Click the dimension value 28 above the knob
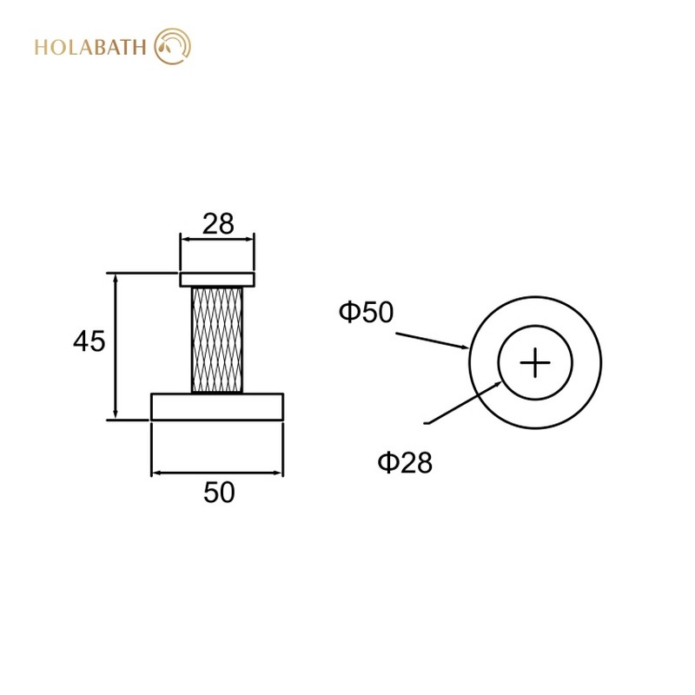[x=218, y=224]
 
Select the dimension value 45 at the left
[x=89, y=341]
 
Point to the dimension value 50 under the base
[x=219, y=493]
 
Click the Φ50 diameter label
[x=366, y=313]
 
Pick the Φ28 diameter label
[x=404, y=463]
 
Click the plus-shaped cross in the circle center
[x=535, y=362]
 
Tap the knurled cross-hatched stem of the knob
[x=217, y=339]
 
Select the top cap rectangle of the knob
[x=217, y=279]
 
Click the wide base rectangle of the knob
[x=217, y=407]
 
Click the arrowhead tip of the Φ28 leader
[x=502, y=381]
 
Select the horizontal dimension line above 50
[x=217, y=473]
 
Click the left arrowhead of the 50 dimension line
[x=156, y=473]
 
